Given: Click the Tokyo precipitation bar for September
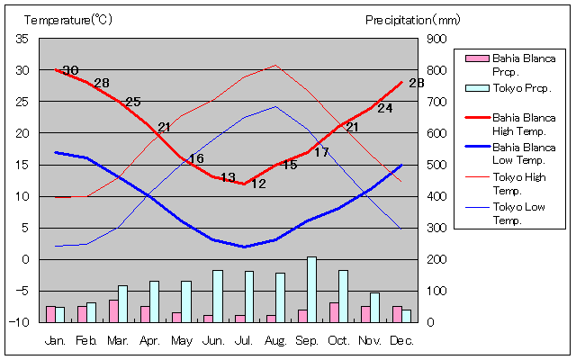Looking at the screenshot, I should pos(311,289).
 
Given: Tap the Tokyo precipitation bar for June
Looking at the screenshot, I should pos(217,295).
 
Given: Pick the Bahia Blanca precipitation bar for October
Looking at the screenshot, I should pos(334,311).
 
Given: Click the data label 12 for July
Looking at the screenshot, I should pos(258,184).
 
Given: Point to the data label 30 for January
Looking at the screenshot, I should pos(70,70).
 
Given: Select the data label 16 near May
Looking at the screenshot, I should pos(195,159).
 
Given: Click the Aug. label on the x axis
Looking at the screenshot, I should pos(275,340).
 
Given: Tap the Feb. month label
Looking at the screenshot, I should pos(86,340).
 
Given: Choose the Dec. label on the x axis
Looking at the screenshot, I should pos(401,340).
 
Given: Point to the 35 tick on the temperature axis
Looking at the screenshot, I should pos(22,39).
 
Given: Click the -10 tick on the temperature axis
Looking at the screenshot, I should pos(20,321).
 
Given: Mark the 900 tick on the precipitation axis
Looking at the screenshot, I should pos(437,39).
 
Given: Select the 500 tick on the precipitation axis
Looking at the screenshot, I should pos(437,165).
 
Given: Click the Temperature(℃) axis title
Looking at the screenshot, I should pos(68,19).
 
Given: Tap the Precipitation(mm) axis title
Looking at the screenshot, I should pos(412,19).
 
